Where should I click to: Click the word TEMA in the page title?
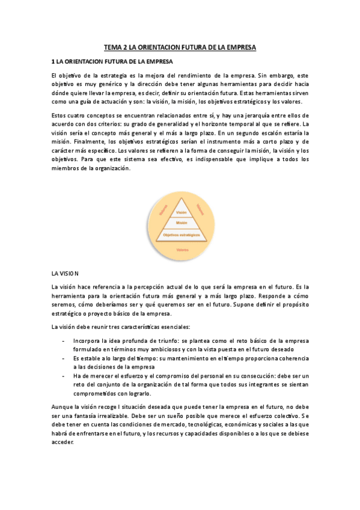tap(113, 46)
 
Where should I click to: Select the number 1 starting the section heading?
tap(53, 61)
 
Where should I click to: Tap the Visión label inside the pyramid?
tap(181, 213)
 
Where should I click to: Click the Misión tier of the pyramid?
tap(181, 223)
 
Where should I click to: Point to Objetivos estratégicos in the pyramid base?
tap(181, 235)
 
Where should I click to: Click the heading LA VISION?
tap(65, 273)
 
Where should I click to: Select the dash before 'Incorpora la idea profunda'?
tap(64, 340)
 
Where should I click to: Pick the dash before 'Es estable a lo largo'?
tap(64, 357)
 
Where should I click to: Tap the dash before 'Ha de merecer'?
tap(64, 375)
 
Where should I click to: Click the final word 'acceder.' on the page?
tap(63, 442)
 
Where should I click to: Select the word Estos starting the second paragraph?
tap(60, 114)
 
